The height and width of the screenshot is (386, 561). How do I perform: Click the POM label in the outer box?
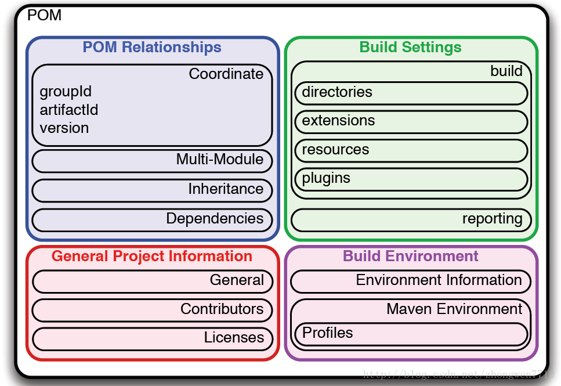(44, 15)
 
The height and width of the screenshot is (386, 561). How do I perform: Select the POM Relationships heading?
(152, 47)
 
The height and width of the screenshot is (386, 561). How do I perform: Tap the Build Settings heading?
(410, 47)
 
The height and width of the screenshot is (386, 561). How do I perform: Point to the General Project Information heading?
(152, 256)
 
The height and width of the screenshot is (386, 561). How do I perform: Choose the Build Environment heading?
(410, 256)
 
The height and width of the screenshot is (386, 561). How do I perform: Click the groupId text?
(66, 92)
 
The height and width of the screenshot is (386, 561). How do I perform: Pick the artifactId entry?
(69, 110)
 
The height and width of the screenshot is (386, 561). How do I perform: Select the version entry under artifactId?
(64, 128)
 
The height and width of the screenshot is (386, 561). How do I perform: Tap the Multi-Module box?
(152, 160)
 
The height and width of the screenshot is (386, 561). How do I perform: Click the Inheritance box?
(152, 190)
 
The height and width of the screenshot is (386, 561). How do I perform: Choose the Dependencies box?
(152, 219)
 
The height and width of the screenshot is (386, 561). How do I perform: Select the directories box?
(411, 93)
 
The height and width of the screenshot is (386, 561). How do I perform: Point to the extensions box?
(411, 121)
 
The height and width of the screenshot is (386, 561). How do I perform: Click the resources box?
(411, 150)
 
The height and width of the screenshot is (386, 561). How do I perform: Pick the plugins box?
(411, 179)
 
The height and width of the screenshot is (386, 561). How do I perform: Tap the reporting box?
(411, 219)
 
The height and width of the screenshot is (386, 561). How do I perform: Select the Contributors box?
(152, 310)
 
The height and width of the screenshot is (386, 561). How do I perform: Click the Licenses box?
(152, 338)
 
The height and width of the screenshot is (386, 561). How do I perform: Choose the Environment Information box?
(411, 281)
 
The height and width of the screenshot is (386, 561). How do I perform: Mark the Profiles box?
(411, 334)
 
